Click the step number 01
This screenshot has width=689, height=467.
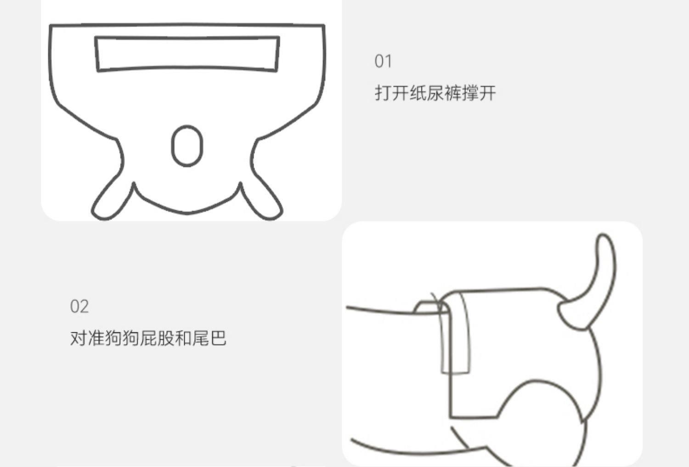click(383, 61)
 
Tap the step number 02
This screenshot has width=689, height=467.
click(79, 306)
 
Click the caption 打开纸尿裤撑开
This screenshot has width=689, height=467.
click(435, 93)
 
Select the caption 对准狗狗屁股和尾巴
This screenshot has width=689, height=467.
click(148, 338)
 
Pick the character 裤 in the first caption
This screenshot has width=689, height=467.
click(452, 93)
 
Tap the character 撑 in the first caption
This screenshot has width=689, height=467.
click(470, 93)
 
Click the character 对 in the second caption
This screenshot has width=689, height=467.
click(79, 338)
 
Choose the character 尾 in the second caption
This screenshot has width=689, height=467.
click(201, 338)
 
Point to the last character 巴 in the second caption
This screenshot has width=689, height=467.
click(218, 338)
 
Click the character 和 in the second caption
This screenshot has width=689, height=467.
click(183, 338)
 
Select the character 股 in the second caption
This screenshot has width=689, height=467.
click(166, 338)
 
